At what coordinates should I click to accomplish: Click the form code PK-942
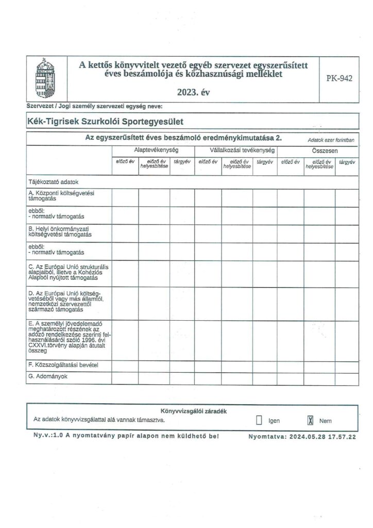click(x=339, y=79)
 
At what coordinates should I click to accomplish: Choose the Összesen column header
click(x=324, y=150)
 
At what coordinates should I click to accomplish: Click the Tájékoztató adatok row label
click(x=51, y=182)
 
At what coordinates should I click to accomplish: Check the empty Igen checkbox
click(x=259, y=420)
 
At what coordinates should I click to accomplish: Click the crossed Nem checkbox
click(x=311, y=420)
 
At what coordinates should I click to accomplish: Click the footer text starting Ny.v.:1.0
click(x=124, y=436)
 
